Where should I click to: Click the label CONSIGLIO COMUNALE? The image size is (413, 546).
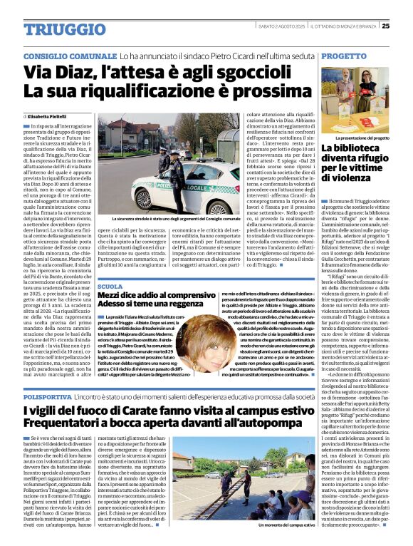tap(69, 55)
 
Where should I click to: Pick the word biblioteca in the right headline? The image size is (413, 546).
tap(365, 149)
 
